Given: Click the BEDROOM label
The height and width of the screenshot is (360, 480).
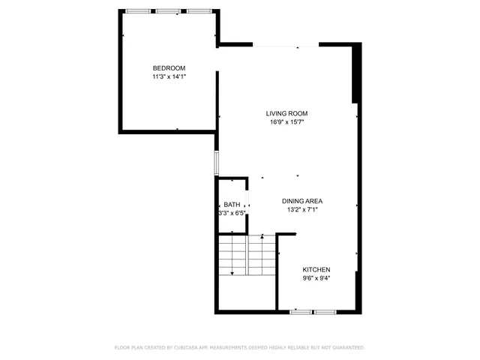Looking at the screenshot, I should [169, 67].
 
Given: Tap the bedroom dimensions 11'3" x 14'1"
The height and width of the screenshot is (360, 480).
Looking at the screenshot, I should [169, 76].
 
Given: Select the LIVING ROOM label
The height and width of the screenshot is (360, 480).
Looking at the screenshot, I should [286, 113].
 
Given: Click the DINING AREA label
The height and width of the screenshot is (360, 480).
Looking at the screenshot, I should [302, 201].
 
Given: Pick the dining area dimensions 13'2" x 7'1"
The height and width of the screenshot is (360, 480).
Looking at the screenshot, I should [302, 210].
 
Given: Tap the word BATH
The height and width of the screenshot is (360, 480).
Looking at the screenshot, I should [232, 205].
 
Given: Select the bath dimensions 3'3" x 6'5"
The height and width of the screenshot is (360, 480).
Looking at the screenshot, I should [232, 213].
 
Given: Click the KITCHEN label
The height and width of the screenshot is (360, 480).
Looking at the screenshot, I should [316, 269].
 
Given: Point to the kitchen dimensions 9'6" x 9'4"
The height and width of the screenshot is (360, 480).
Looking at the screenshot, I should [316, 278].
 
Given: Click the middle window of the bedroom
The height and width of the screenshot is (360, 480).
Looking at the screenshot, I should [167, 11].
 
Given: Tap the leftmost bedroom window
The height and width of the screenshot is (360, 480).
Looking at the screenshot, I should [136, 11].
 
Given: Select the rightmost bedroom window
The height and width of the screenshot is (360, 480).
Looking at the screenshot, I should [198, 11].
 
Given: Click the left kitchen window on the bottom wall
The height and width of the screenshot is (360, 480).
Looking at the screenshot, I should [301, 310].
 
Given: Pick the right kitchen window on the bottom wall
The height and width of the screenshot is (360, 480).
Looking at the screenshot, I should [325, 310].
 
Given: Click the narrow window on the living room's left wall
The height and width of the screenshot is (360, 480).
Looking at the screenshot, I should [217, 163].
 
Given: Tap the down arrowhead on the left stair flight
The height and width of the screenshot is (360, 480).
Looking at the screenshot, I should [232, 272].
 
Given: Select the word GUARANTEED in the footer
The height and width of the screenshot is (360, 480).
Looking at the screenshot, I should [347, 348].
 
